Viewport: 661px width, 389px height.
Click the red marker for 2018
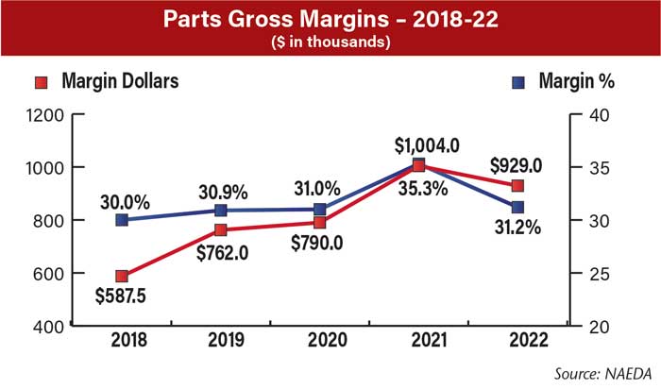[122, 277]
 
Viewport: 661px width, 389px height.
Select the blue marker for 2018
[122, 220]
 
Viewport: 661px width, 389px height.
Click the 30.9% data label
[222, 192]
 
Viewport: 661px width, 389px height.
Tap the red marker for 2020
[320, 223]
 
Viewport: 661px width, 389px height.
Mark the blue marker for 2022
[517, 207]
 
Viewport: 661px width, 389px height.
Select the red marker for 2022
[517, 185]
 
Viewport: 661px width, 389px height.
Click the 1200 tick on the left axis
[46, 115]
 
